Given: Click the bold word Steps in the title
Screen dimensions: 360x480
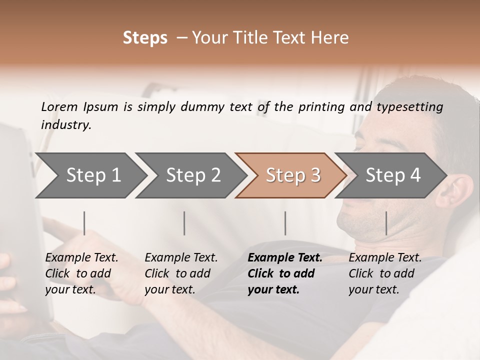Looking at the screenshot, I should (x=145, y=38).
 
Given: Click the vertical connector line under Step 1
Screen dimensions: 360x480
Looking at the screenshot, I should (x=84, y=223).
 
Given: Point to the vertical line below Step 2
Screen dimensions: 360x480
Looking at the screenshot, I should (x=184, y=223).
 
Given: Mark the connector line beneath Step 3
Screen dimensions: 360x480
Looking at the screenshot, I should (x=285, y=223).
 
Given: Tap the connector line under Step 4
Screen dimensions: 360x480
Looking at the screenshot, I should (x=386, y=223).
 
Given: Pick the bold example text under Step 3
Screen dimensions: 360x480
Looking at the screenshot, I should (x=284, y=273).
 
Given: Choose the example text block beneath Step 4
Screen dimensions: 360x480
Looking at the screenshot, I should (x=385, y=273).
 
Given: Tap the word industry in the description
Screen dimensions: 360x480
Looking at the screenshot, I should (x=66, y=124).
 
